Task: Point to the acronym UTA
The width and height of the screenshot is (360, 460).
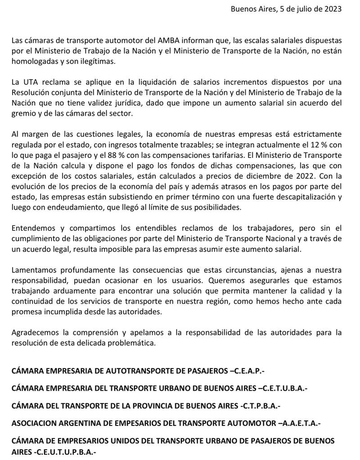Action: click(31, 82)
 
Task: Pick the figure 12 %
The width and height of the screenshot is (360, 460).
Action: click(324, 145)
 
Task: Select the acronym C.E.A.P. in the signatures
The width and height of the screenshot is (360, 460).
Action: click(249, 371)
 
